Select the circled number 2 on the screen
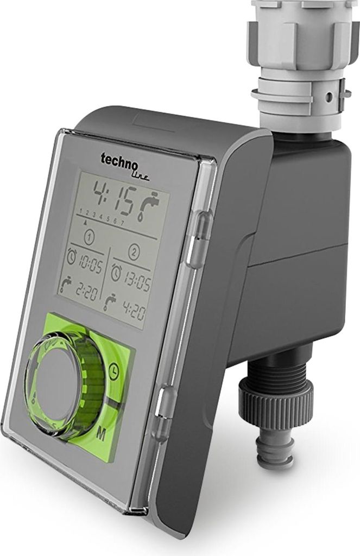[x=134, y=252]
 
